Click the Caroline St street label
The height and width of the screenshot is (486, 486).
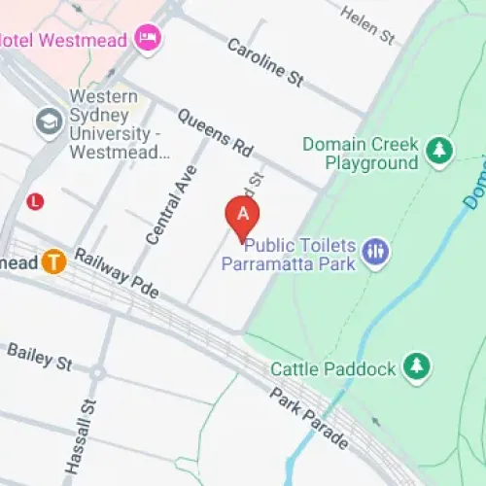(265, 61)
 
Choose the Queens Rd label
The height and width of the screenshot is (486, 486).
(213, 135)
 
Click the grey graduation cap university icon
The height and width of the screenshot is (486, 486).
(47, 121)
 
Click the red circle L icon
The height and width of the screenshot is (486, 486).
(35, 201)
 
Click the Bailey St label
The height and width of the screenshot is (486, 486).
(39, 356)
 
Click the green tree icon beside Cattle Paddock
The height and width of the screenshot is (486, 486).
(417, 366)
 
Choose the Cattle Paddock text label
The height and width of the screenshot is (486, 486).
(333, 368)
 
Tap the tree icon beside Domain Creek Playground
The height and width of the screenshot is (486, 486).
(440, 150)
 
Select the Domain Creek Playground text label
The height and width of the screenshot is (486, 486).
(359, 154)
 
